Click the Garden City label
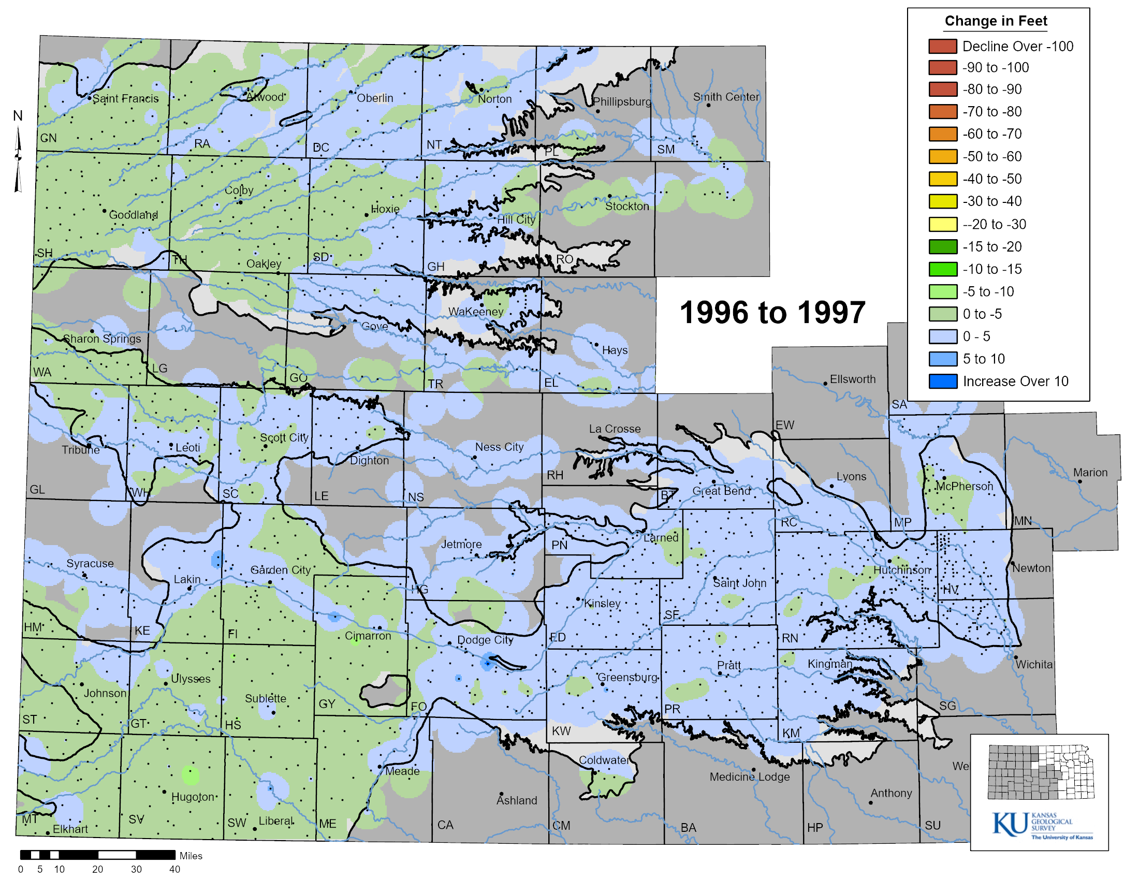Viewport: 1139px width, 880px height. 281,570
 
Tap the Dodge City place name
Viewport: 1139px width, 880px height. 485,640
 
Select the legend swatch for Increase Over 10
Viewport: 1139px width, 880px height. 942,382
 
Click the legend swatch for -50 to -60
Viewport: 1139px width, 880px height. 942,156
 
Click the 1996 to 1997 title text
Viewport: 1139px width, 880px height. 772,313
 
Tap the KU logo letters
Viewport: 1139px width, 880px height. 1010,824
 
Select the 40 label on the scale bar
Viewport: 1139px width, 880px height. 174,869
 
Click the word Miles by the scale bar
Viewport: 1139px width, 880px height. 191,856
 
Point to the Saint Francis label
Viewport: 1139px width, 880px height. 126,98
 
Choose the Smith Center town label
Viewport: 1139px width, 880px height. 726,97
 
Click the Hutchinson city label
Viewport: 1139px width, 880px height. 902,570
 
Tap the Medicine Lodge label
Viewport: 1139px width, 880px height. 750,777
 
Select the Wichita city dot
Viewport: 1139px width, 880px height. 1015,657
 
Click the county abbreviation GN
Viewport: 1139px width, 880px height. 49,138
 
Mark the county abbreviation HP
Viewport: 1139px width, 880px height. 814,827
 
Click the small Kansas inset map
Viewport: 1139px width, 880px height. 1040,772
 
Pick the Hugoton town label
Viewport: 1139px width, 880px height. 193,797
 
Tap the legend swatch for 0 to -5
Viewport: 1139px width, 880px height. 942,314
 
